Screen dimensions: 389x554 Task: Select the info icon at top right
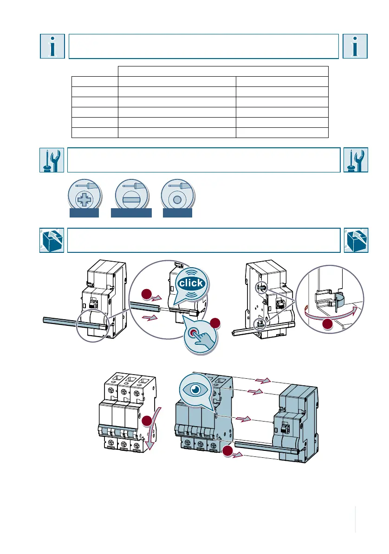coord(355,46)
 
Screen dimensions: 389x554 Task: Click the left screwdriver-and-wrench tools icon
coord(52,160)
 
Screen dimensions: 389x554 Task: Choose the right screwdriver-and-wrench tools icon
coord(355,160)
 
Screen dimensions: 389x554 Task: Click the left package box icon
coord(52,240)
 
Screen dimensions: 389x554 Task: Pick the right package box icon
coord(355,240)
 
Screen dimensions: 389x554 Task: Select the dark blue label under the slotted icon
coord(132,213)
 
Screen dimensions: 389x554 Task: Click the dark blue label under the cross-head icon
coord(84,213)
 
